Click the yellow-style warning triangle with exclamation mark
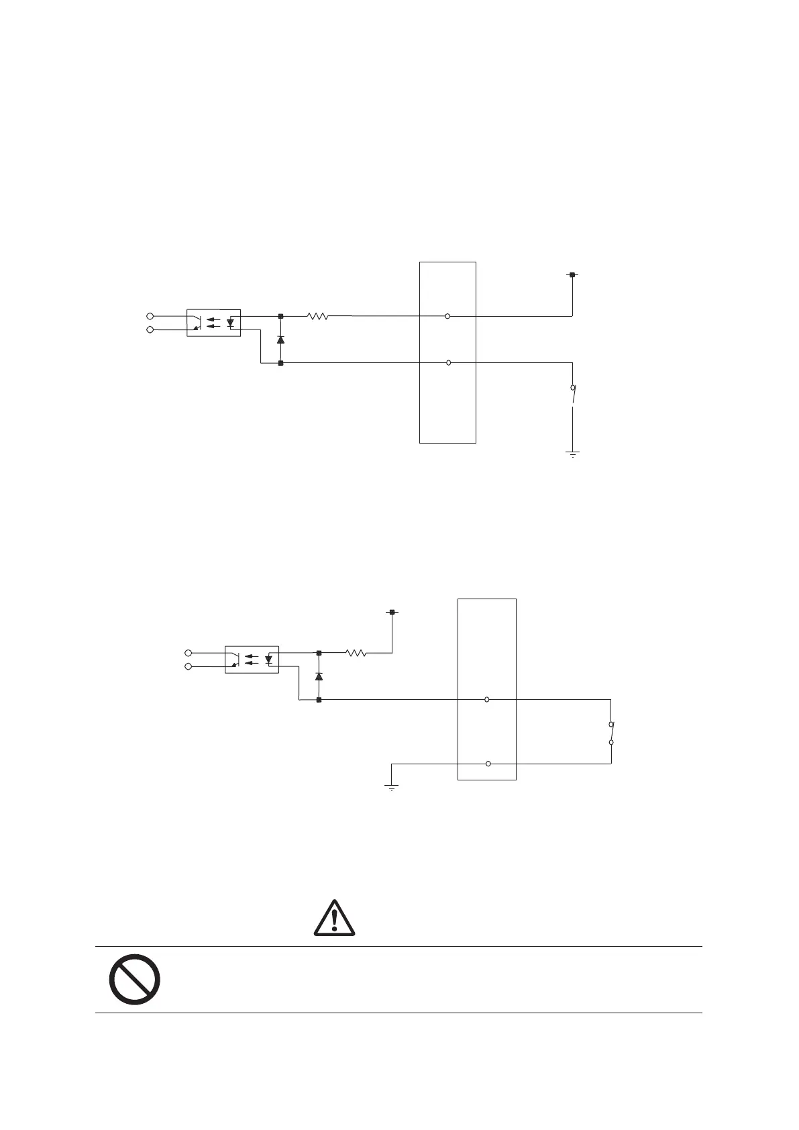click(334, 917)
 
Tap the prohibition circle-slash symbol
click(134, 978)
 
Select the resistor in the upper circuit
click(317, 315)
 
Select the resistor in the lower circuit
click(356, 652)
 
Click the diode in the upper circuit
click(280, 340)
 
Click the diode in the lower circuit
click(319, 676)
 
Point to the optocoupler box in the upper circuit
click(213, 323)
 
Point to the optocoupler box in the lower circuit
click(252, 659)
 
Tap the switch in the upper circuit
click(572, 396)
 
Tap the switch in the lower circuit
click(611, 733)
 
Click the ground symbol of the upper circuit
click(573, 454)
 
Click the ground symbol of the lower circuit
click(391, 786)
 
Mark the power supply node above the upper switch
click(572, 274)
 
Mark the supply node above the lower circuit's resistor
click(392, 611)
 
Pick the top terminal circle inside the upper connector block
click(447, 315)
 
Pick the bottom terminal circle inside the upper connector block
click(448, 363)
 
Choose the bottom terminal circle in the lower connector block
click(488, 764)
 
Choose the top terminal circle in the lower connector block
click(487, 699)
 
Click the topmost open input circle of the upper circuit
click(150, 315)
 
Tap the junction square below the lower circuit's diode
click(319, 700)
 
